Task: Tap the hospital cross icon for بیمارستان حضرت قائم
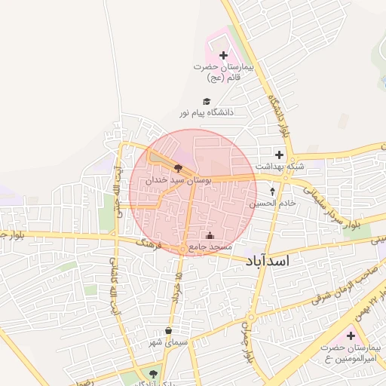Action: [223, 55]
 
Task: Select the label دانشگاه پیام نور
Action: [207, 112]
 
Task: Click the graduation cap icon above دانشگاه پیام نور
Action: [207, 101]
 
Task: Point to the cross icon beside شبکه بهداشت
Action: [279, 155]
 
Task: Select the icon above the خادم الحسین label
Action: [272, 191]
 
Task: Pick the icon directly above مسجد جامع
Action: [209, 234]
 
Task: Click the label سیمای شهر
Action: [167, 342]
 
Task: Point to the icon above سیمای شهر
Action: [167, 330]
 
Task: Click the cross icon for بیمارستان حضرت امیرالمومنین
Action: [350, 335]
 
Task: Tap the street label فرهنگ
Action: [151, 244]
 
